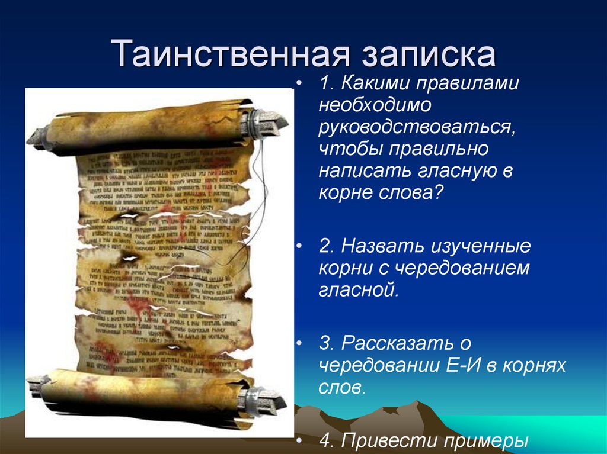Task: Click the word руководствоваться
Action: point(416,127)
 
